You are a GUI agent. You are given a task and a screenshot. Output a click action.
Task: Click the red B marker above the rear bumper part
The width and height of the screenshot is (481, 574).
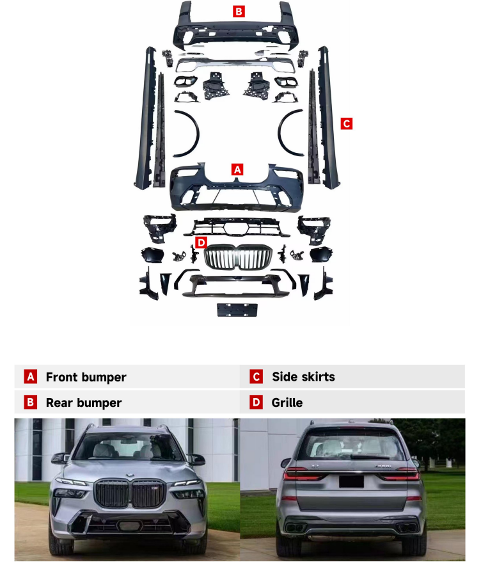[x=239, y=12]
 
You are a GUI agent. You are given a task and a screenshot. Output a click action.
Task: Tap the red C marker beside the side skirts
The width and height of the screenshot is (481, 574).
[x=347, y=124]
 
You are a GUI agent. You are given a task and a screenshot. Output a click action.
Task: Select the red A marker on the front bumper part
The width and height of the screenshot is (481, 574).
[x=237, y=170]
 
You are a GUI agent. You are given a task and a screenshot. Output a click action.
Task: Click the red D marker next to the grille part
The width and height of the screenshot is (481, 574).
[x=201, y=242]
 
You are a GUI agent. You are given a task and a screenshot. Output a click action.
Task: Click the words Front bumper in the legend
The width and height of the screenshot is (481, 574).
[x=86, y=377]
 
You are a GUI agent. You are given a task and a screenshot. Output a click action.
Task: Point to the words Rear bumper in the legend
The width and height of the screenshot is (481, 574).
[x=84, y=403]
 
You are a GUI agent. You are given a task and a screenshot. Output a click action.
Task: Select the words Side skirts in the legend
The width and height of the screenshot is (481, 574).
[x=303, y=377]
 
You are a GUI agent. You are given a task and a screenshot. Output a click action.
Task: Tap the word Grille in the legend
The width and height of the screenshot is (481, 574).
[x=287, y=403]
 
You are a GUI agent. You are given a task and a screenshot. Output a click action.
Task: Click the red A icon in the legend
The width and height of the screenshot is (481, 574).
[x=30, y=377]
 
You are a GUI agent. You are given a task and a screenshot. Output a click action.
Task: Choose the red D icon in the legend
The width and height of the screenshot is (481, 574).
[x=256, y=403]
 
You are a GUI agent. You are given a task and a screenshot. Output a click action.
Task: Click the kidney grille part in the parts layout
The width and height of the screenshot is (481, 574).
[x=238, y=257]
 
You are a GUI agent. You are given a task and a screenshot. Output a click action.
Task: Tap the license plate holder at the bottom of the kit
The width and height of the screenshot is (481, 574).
[x=237, y=310]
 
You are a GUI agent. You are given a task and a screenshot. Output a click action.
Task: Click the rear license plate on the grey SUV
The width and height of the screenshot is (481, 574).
[x=351, y=481]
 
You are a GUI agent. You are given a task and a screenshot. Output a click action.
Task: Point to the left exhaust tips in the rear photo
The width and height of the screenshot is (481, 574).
[x=295, y=528]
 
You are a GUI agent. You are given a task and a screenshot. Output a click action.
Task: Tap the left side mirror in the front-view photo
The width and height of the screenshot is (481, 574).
[x=59, y=458]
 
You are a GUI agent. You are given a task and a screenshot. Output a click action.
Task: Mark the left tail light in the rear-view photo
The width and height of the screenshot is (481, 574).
[x=303, y=474]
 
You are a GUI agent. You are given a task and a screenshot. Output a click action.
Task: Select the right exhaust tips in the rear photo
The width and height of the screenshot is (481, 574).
[x=407, y=528]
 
